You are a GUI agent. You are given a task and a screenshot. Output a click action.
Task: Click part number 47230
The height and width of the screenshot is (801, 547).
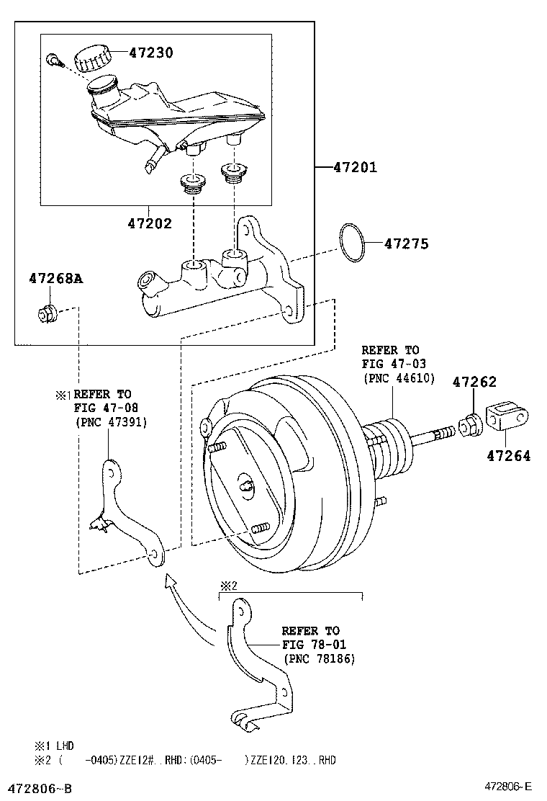click(x=151, y=53)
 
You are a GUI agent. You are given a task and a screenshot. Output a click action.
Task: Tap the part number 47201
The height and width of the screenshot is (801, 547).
click(x=355, y=168)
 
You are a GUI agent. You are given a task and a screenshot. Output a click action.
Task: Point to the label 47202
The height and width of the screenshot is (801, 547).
click(x=150, y=223)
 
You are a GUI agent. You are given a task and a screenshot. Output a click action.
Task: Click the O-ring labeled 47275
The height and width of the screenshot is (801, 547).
click(x=352, y=243)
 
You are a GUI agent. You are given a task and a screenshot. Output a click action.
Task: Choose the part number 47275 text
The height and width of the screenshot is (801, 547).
click(x=406, y=244)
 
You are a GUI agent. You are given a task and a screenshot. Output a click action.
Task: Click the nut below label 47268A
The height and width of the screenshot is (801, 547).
click(x=47, y=313)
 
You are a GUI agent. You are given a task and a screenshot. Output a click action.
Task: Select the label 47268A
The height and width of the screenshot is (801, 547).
click(x=55, y=278)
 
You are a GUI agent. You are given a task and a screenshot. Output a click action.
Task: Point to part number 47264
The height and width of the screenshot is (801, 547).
click(x=508, y=455)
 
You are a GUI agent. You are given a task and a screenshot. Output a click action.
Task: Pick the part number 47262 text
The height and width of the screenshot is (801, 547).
click(x=474, y=382)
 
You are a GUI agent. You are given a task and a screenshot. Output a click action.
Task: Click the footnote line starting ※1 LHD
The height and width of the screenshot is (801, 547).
click(x=54, y=746)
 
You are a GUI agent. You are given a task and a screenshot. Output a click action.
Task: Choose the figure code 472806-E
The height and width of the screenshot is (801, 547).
click(x=507, y=787)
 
